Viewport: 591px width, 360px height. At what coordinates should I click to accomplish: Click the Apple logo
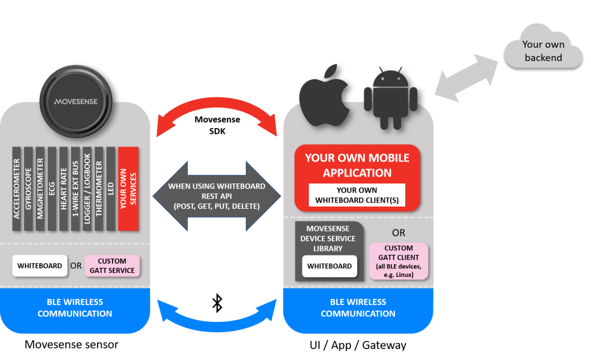pyautogui.click(x=324, y=98)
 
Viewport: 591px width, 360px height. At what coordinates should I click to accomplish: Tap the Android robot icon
pyautogui.click(x=391, y=99)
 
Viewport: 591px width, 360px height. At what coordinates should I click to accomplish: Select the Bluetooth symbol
pyautogui.click(x=217, y=303)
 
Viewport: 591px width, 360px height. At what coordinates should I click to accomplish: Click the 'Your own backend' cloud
pyautogui.click(x=543, y=47)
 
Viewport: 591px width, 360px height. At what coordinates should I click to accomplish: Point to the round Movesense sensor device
pyautogui.click(x=76, y=102)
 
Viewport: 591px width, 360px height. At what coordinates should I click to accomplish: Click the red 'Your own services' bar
pyautogui.click(x=128, y=189)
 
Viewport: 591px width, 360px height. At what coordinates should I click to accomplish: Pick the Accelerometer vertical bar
pyautogui.click(x=17, y=189)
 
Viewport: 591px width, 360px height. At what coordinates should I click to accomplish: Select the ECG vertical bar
pyautogui.click(x=51, y=189)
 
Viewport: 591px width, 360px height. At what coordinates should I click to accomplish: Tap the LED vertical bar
pyautogui.click(x=110, y=189)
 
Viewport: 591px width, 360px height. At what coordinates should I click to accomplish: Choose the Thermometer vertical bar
pyautogui.click(x=99, y=189)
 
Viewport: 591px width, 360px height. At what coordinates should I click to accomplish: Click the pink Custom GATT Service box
pyautogui.click(x=112, y=266)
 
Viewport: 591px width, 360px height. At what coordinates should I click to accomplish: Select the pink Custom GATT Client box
pyautogui.click(x=399, y=261)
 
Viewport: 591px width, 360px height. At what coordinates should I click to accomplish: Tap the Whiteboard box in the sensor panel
pyautogui.click(x=40, y=266)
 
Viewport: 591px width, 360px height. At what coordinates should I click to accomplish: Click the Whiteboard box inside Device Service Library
pyautogui.click(x=330, y=266)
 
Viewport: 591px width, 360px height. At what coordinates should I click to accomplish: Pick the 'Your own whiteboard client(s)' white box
pyautogui.click(x=357, y=195)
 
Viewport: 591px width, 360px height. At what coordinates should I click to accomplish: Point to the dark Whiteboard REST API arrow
pyautogui.click(x=217, y=196)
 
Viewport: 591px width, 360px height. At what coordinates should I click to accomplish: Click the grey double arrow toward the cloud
pyautogui.click(x=466, y=77)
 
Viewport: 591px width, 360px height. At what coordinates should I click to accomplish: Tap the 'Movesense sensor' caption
pyautogui.click(x=71, y=344)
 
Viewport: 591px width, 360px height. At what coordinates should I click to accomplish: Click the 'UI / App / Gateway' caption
pyautogui.click(x=358, y=345)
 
